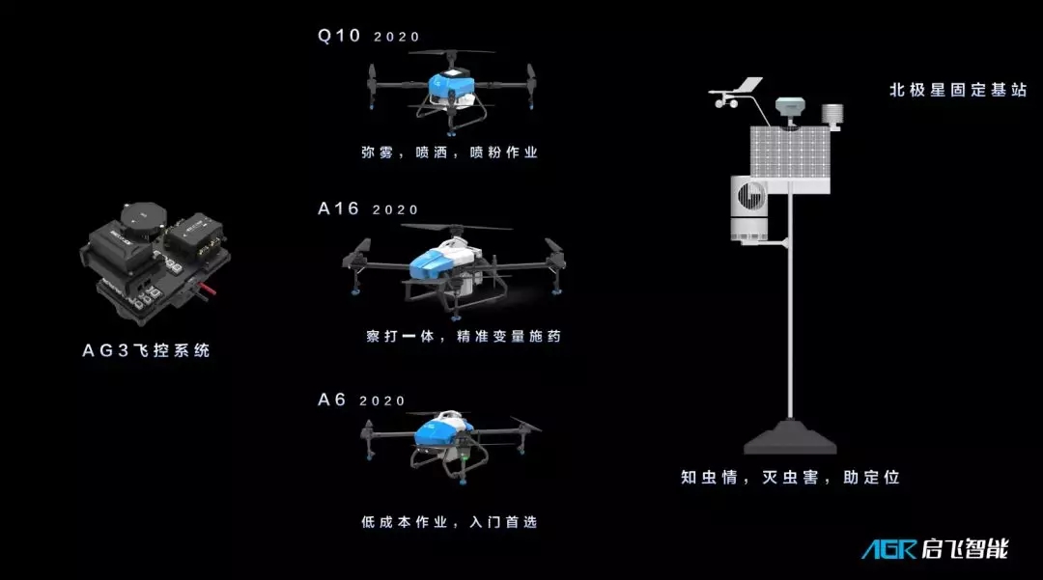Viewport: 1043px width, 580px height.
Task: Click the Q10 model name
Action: [x=339, y=35]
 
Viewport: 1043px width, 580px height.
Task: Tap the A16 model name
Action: [x=339, y=208]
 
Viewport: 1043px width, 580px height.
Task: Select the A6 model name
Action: [x=332, y=400]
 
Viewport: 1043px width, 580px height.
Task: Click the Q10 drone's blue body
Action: [x=451, y=84]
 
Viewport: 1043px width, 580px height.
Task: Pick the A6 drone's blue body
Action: [x=439, y=431]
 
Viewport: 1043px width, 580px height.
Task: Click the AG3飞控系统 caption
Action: [x=147, y=350]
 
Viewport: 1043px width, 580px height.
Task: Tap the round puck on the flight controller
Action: [x=144, y=216]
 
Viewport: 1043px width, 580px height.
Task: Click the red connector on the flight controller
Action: [x=208, y=289]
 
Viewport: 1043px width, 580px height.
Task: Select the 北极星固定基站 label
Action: [x=959, y=90]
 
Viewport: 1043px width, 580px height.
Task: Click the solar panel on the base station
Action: [x=790, y=152]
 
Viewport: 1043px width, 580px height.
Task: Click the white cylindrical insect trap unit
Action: [x=749, y=207]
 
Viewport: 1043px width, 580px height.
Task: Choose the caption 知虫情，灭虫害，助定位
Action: [x=790, y=477]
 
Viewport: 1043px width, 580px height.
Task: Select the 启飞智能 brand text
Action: [x=965, y=549]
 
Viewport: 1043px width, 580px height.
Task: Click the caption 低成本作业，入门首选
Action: [x=449, y=522]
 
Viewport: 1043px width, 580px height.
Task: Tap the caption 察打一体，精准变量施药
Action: [x=464, y=336]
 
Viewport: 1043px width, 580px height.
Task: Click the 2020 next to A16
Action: [x=395, y=210]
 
